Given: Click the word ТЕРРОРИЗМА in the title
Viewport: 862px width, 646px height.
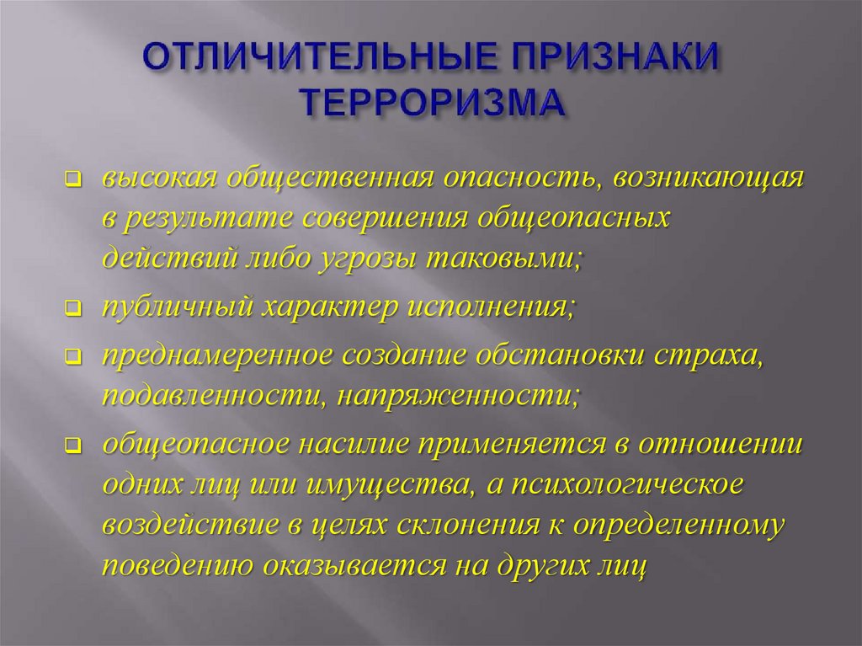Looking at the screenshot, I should click(x=429, y=104).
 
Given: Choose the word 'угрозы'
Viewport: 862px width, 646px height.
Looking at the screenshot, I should click(x=354, y=259).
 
